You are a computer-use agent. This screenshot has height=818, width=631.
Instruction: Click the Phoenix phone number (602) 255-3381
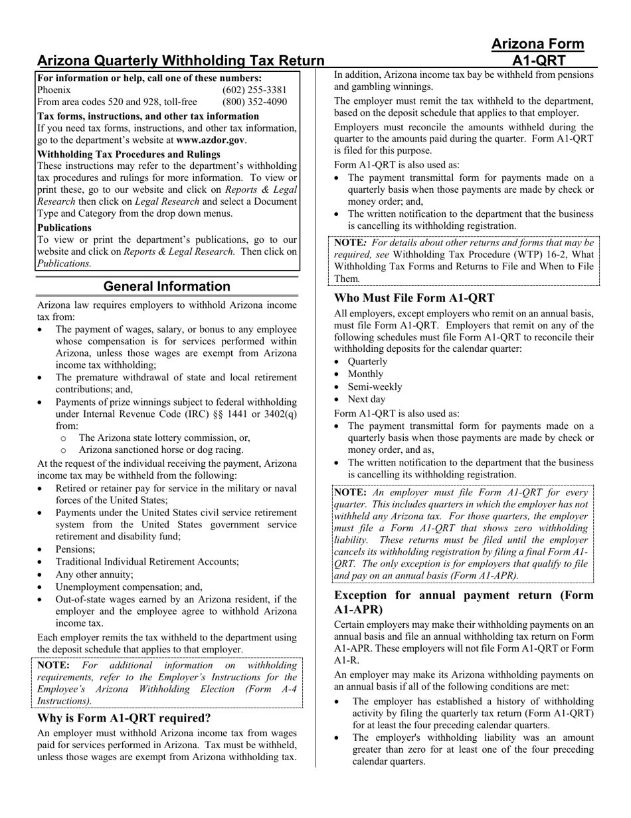tap(254, 90)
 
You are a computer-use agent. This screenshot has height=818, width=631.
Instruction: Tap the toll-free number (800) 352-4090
tap(254, 102)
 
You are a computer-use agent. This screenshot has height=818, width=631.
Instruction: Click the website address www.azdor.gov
tap(210, 140)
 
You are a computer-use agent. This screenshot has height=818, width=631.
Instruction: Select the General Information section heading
tap(167, 287)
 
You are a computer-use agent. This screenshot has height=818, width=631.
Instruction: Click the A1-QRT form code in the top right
tap(537, 61)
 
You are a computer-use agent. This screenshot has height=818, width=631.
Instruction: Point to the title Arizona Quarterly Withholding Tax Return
tap(181, 61)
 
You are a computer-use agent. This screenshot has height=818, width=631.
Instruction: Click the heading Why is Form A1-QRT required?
tap(124, 718)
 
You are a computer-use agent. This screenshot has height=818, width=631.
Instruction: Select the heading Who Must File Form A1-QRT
tap(414, 298)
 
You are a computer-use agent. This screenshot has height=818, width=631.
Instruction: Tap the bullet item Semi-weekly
tap(375, 386)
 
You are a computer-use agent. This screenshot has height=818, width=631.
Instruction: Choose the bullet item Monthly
tap(365, 374)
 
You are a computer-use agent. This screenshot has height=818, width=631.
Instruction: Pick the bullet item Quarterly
tap(367, 361)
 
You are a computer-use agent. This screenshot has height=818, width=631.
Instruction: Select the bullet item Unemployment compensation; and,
tap(129, 587)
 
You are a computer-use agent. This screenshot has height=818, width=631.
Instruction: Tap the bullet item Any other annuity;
tap(94, 574)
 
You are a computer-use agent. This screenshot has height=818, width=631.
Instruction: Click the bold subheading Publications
tap(64, 227)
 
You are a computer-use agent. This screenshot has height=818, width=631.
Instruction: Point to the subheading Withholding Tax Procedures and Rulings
tap(129, 154)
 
